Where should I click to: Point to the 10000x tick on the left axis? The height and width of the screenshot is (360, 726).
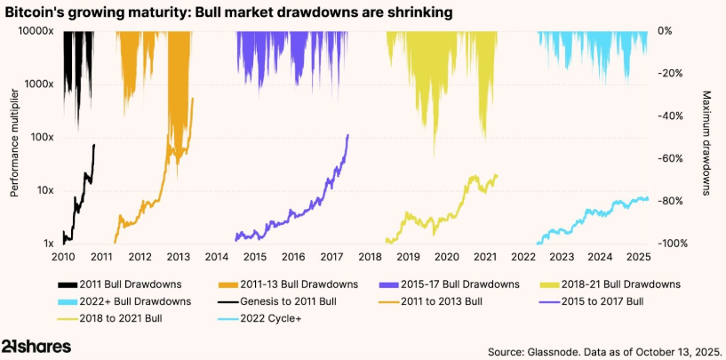click(x=36, y=31)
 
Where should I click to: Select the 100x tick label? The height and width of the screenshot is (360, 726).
click(x=42, y=137)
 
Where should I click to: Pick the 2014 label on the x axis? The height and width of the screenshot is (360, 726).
click(x=216, y=258)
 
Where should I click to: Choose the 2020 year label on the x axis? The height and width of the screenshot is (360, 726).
click(x=447, y=258)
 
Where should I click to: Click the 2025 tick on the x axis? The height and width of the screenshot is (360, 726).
click(x=639, y=258)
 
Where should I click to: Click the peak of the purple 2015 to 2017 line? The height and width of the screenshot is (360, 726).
click(x=347, y=135)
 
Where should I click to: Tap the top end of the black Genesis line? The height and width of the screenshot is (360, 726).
click(x=94, y=145)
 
